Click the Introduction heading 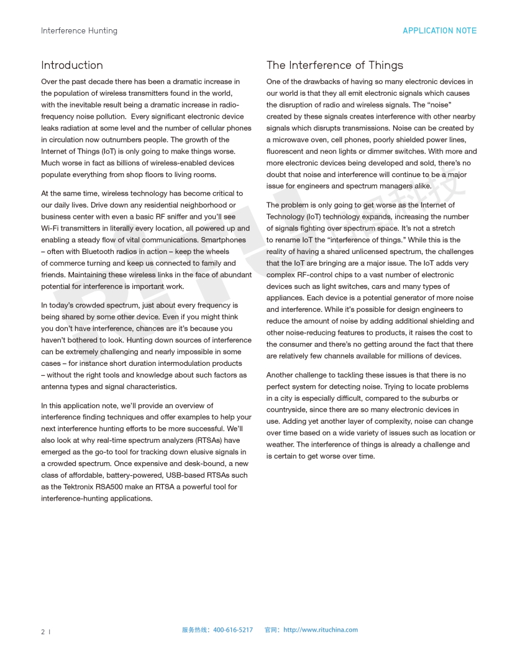[72, 65]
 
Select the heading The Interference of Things [335, 65]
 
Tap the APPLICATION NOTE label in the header [440, 30]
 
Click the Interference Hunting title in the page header [79, 30]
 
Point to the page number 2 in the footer [43, 632]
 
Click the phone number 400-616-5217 [233, 630]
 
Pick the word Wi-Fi [50, 229]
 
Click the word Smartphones [224, 240]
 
